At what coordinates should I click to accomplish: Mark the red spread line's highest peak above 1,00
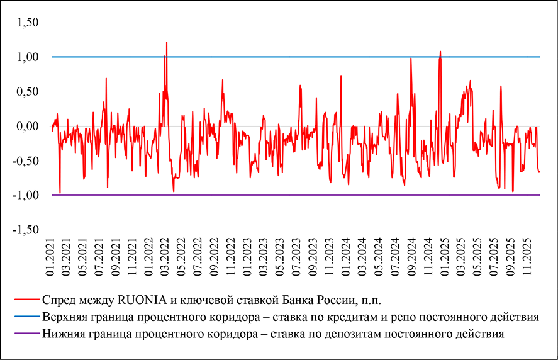coord(167,43)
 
